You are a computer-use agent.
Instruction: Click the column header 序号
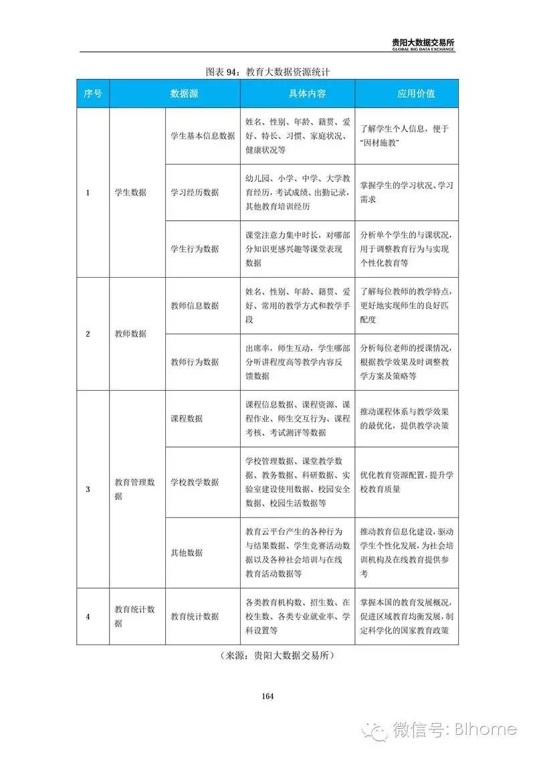(93, 94)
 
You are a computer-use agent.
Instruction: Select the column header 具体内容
(298, 94)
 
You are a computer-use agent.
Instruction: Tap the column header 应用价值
(407, 94)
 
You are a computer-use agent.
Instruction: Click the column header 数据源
(175, 94)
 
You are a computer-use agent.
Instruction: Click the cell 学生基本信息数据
(203, 136)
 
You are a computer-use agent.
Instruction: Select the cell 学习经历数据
(195, 192)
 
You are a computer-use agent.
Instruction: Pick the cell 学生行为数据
(195, 248)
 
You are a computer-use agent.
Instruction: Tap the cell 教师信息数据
(195, 305)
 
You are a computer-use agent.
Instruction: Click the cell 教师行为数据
(195, 361)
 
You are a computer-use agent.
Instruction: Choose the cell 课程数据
(187, 418)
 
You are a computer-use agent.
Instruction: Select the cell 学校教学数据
(195, 482)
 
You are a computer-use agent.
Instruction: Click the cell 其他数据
(187, 553)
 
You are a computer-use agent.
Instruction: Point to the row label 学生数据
(130, 192)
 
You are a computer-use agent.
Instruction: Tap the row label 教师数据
(130, 333)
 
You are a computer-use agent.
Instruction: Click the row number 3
(88, 489)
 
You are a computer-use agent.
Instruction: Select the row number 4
(88, 616)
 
